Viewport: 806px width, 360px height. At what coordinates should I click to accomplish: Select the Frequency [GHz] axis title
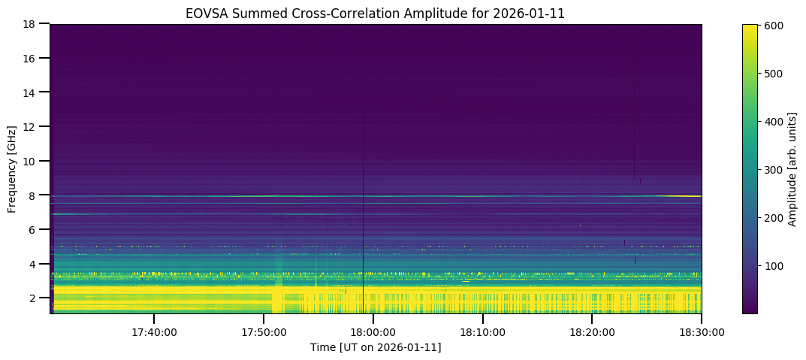click(12, 168)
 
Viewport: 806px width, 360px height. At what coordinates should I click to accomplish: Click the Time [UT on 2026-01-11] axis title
click(376, 347)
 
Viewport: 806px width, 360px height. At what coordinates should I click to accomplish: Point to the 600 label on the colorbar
click(774, 26)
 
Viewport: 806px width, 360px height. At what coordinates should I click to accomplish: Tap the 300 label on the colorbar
click(774, 169)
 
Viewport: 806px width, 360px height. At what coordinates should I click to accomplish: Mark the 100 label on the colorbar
click(774, 265)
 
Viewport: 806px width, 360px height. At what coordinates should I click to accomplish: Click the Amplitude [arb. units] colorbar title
click(792, 168)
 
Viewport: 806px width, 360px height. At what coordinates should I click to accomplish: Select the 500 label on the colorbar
click(774, 74)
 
